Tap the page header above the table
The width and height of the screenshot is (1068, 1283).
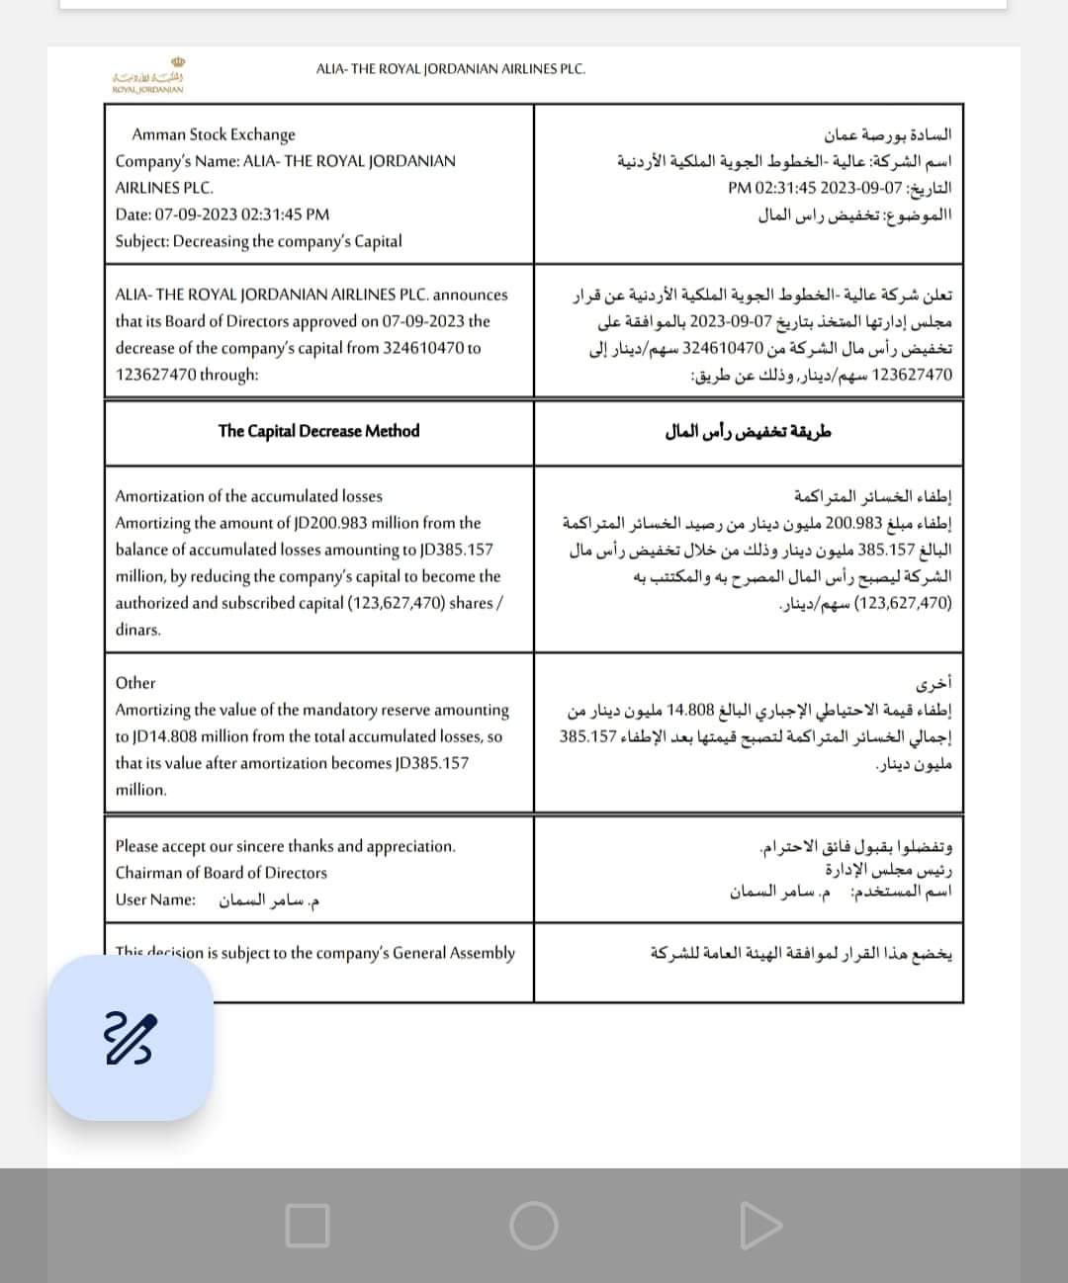click(x=450, y=69)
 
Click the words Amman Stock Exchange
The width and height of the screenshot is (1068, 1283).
click(x=214, y=134)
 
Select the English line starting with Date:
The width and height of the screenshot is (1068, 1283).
click(x=222, y=214)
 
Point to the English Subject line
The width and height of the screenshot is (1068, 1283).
click(x=258, y=241)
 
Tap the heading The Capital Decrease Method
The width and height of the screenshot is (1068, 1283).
click(x=318, y=431)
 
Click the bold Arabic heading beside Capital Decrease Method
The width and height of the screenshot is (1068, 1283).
click(x=749, y=431)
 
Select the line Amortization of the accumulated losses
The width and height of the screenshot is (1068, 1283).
click(x=248, y=496)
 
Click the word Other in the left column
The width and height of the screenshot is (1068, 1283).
click(x=135, y=683)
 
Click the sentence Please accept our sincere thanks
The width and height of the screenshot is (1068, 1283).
click(x=285, y=846)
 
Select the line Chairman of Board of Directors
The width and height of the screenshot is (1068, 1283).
click(x=221, y=873)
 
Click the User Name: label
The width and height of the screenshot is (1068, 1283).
click(x=155, y=899)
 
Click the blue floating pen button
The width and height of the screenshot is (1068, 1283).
click(x=132, y=1039)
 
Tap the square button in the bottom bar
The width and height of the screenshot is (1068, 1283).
click(x=307, y=1226)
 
